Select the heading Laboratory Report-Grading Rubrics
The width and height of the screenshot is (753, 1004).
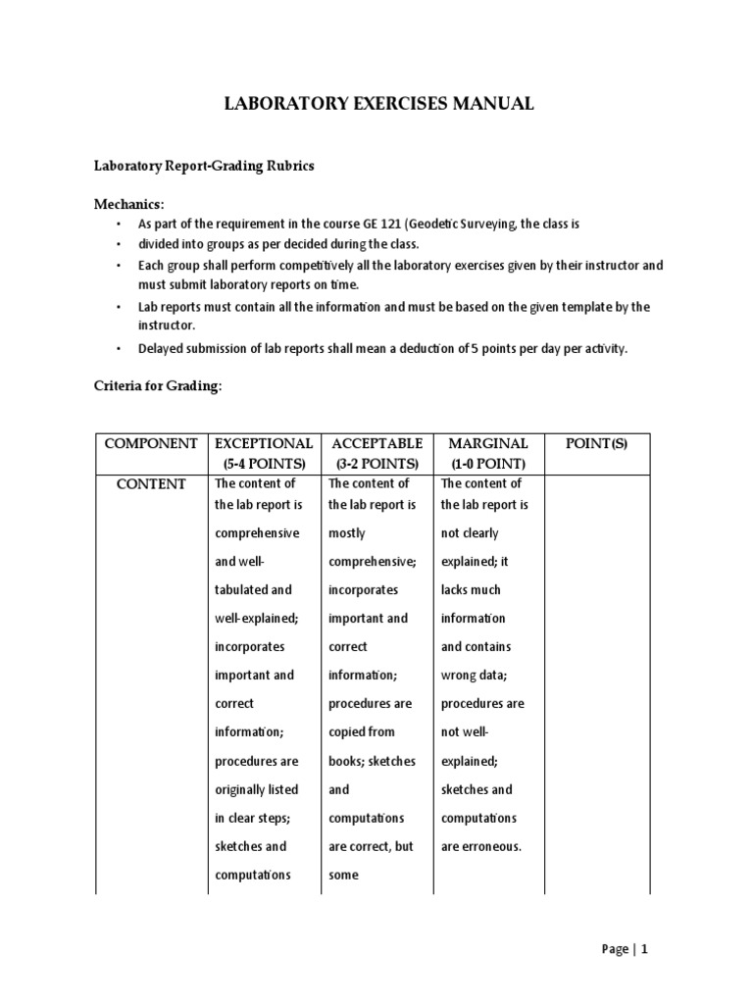click(204, 166)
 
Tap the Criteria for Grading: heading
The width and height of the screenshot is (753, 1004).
click(158, 386)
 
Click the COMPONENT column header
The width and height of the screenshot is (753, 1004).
click(151, 443)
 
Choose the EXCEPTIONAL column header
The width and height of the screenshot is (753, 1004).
click(265, 443)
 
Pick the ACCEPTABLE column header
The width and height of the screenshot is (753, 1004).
click(377, 443)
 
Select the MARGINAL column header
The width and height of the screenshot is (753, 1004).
click(488, 443)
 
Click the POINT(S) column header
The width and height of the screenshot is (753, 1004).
click(597, 443)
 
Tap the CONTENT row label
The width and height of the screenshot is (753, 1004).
click(151, 484)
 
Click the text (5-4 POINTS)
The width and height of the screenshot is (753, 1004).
click(265, 464)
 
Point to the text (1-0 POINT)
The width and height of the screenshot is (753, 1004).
click(488, 464)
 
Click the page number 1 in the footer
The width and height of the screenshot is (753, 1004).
click(645, 949)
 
